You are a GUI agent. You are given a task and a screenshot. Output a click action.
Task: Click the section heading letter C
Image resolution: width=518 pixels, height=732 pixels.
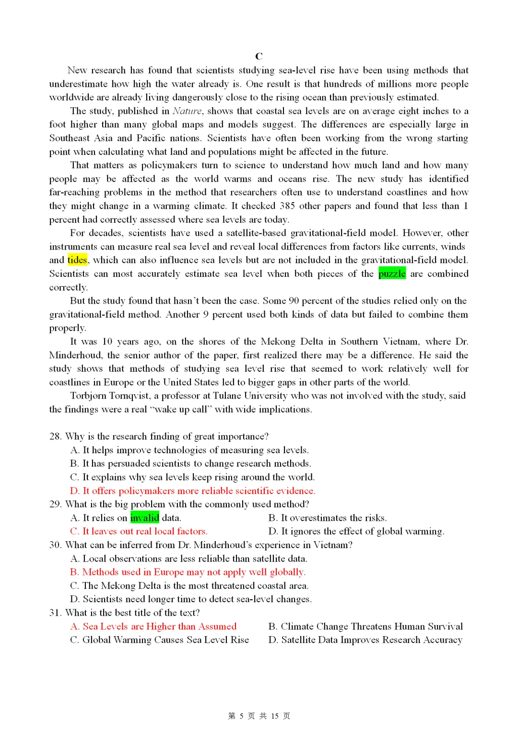point(259,56)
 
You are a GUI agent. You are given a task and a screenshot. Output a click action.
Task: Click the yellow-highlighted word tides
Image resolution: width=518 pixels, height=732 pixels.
point(77,260)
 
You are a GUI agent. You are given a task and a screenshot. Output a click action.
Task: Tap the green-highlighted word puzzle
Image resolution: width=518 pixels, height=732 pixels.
point(392,274)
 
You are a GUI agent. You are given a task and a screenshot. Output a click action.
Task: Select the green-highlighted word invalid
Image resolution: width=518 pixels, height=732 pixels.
point(144,518)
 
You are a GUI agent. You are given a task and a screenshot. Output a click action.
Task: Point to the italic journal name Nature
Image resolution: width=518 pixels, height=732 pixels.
point(187,111)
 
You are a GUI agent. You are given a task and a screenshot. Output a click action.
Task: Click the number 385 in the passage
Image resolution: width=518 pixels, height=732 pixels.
point(287,206)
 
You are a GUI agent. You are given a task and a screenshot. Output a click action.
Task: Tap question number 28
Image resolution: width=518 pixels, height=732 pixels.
point(56,436)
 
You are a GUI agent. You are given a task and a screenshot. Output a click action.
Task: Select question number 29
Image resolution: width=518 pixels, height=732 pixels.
point(56,504)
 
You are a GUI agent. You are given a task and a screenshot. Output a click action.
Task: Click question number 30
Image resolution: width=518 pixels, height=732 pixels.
point(56,545)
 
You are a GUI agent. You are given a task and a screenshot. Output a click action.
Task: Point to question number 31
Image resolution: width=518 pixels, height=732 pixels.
point(56,613)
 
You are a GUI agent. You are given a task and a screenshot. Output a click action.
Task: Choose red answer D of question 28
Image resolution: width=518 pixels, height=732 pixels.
point(192,491)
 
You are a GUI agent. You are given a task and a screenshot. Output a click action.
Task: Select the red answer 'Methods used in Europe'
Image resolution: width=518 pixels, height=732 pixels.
point(188,572)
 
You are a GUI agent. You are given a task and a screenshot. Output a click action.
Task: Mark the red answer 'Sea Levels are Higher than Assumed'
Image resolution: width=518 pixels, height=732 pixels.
point(153,627)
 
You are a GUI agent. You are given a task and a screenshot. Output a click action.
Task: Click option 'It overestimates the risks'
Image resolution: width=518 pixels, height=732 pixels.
point(328,518)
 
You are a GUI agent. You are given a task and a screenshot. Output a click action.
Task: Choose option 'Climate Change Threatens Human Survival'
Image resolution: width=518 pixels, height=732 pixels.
point(365,627)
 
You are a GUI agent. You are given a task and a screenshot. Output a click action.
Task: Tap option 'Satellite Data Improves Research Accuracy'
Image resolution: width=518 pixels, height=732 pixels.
point(365,640)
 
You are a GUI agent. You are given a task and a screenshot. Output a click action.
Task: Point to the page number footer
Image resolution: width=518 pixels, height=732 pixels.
point(259,716)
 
